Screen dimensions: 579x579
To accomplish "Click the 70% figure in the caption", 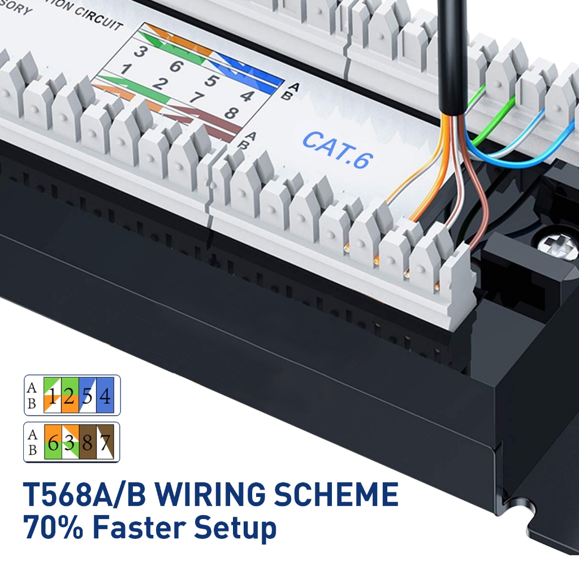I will click(54, 528).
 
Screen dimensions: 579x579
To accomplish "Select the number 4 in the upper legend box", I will click(104, 395).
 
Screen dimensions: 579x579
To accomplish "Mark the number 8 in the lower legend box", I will click(87, 442).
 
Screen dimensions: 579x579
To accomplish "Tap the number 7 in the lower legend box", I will click(104, 442).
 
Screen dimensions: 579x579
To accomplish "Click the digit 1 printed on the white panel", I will click(124, 70).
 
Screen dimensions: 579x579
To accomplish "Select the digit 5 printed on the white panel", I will click(210, 81).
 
